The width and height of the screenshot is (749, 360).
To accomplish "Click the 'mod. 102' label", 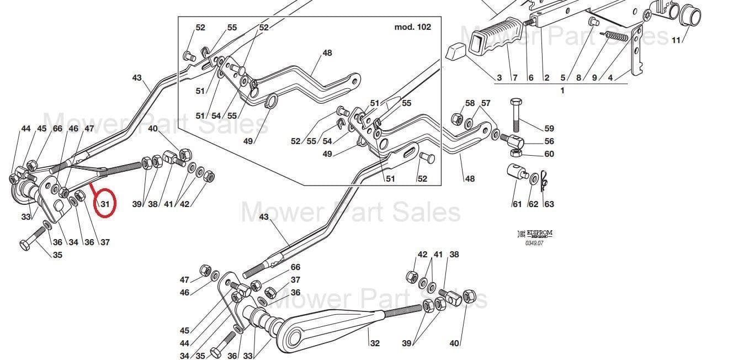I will click(x=412, y=27).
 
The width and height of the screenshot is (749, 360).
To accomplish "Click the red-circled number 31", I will click(x=105, y=204).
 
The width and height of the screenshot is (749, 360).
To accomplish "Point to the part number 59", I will click(x=549, y=129).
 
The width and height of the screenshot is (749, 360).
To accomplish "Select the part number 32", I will click(x=375, y=343).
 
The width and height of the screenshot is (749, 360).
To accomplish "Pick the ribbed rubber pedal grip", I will click(x=495, y=36).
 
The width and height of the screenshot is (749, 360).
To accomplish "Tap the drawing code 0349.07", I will click(x=534, y=243).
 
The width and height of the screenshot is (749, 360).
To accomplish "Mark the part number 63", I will click(x=549, y=204).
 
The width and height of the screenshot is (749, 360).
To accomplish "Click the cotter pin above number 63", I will click(x=544, y=179).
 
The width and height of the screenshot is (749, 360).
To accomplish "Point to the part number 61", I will click(x=517, y=204).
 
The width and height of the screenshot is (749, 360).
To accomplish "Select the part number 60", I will click(x=549, y=154).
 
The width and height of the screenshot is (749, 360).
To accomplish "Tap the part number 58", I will click(x=470, y=103).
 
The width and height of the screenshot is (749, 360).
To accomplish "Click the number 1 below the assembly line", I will click(x=562, y=91).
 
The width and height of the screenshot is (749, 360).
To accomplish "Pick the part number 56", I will click(x=549, y=142).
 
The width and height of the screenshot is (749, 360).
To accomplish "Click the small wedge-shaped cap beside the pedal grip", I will click(x=456, y=53).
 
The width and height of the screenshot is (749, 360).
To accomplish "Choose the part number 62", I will click(x=533, y=204).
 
